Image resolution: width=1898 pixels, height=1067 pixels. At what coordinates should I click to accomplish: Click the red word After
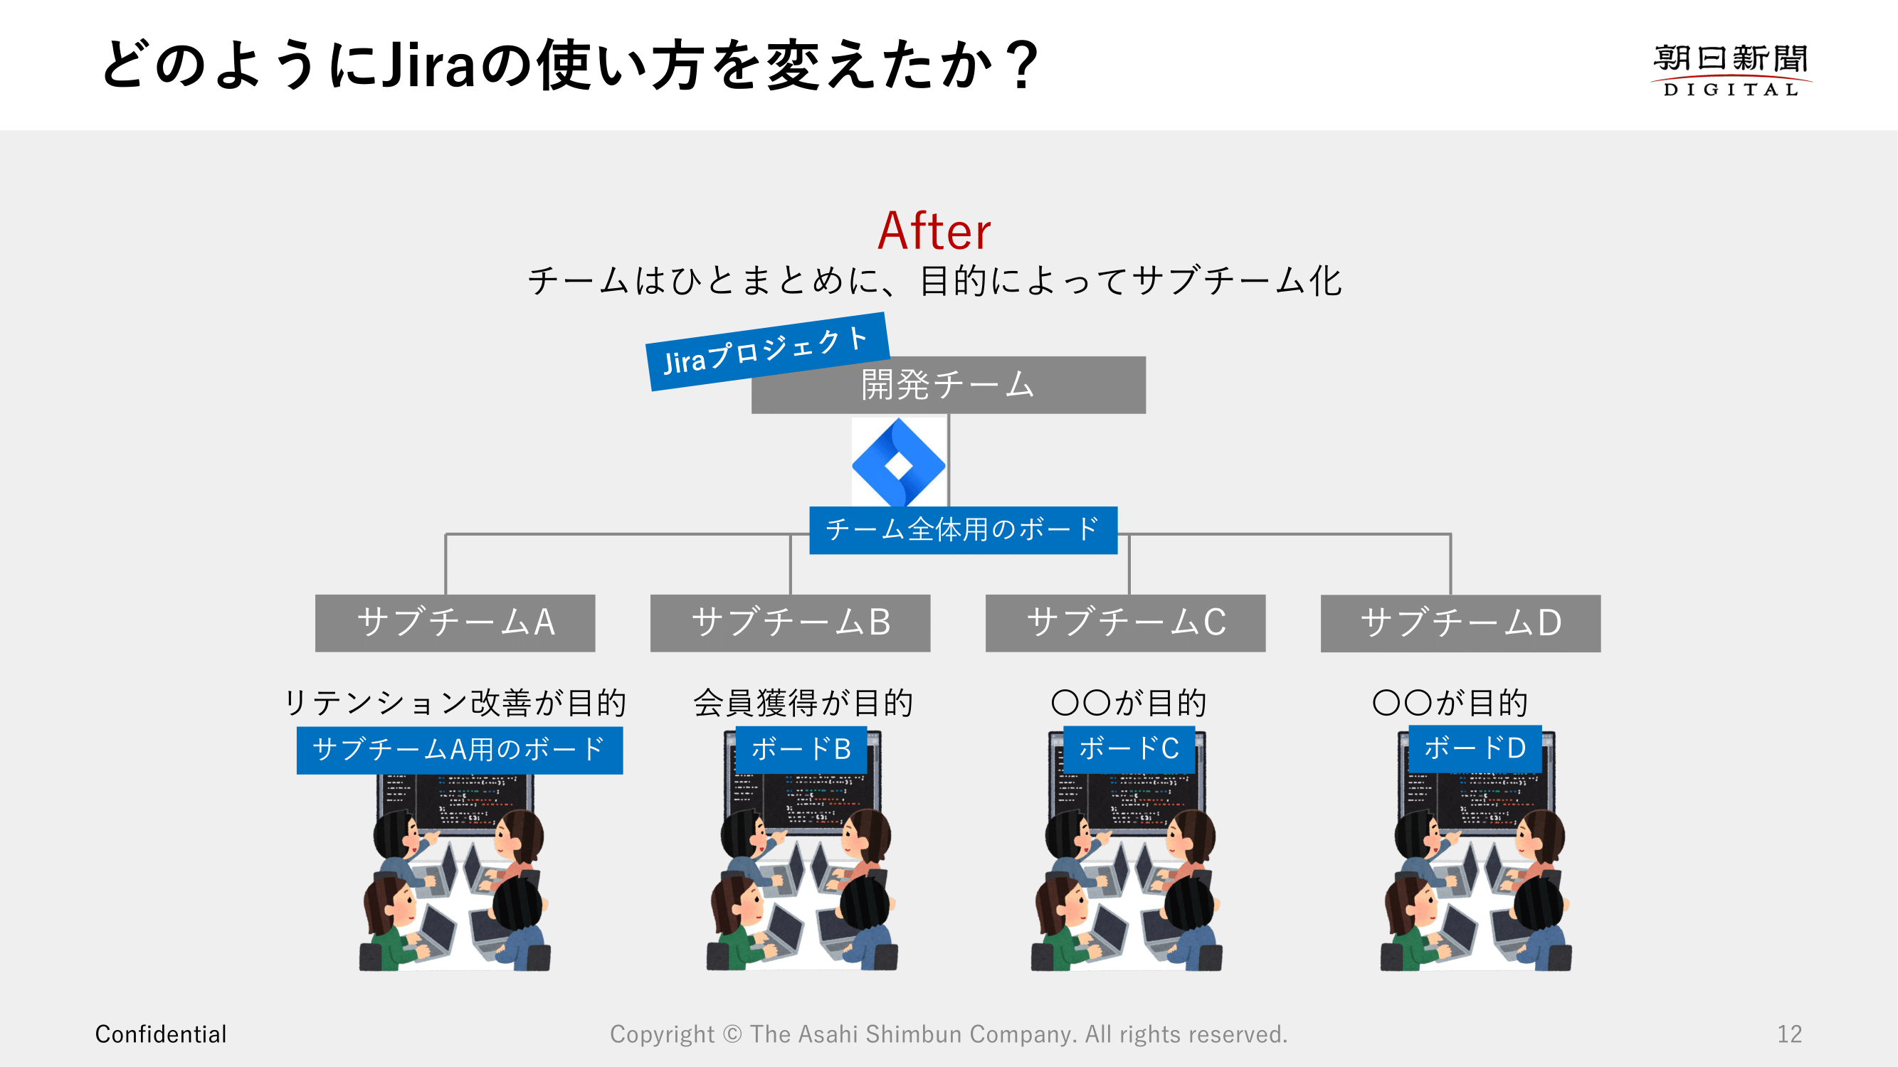coord(934,231)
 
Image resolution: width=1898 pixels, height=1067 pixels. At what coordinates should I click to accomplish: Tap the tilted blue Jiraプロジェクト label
coord(766,351)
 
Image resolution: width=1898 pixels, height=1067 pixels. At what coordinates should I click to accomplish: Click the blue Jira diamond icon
coord(898,463)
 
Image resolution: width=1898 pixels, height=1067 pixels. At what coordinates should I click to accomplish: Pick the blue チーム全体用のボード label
coord(962,529)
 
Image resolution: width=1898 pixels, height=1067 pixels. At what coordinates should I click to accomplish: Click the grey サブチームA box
coord(455,622)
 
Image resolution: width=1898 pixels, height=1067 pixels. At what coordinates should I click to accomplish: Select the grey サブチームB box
coord(790,622)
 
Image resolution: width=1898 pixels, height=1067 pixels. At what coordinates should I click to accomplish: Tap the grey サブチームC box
coord(1125,622)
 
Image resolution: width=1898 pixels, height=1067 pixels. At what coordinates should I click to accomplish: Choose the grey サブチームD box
coord(1460,622)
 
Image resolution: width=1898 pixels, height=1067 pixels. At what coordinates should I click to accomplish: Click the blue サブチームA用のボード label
coord(459,750)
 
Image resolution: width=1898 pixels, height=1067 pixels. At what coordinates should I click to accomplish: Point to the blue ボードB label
coord(801,750)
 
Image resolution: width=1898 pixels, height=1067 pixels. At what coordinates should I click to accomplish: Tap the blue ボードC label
coord(1129,749)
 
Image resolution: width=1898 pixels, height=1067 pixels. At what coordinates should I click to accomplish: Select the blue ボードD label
coord(1475,748)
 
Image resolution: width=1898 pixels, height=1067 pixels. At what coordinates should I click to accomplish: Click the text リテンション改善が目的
coord(455,703)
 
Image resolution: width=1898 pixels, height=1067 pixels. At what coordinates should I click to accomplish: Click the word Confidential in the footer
coord(161,1034)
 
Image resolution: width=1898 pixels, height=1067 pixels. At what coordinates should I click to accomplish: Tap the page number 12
coord(1789,1034)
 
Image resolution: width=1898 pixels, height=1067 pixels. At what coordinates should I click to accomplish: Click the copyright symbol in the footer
coord(732,1034)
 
